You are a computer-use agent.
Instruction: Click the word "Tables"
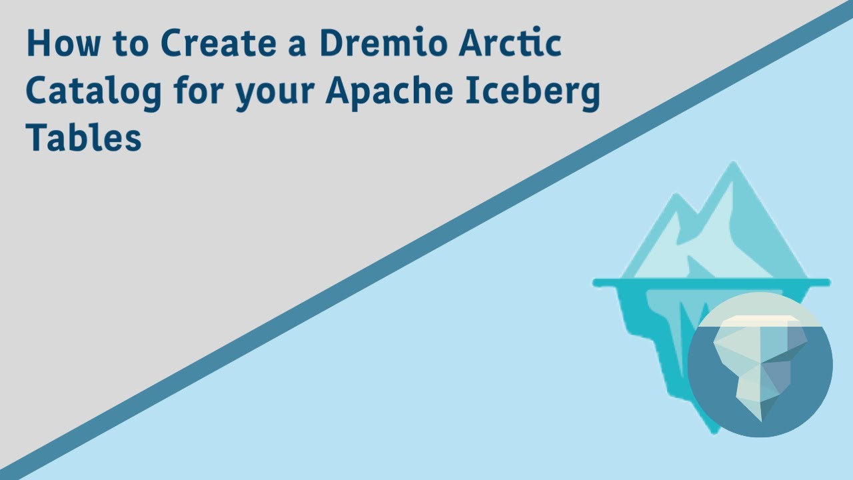(x=84, y=138)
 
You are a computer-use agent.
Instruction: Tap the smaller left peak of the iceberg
(x=674, y=200)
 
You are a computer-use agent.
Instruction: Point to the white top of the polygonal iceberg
(x=757, y=321)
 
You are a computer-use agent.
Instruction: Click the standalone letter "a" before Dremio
(x=303, y=47)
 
